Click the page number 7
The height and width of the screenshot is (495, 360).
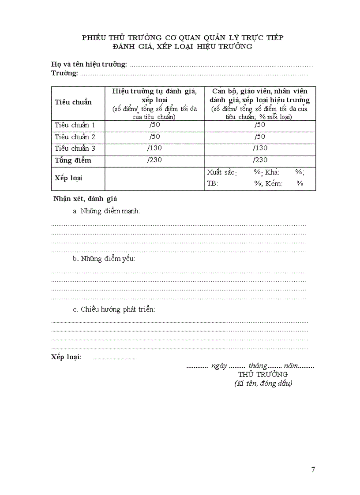(313, 469)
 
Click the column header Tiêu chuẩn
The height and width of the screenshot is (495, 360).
(73, 102)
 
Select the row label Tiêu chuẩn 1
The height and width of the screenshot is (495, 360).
(75, 125)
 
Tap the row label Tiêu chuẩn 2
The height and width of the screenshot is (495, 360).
(75, 137)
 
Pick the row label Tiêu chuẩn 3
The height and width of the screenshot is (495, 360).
(75, 148)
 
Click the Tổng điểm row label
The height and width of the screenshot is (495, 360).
(73, 160)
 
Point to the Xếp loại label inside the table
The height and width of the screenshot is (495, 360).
(69, 178)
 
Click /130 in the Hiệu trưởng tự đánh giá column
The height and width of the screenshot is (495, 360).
(154, 148)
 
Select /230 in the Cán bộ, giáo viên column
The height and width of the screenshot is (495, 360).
(260, 160)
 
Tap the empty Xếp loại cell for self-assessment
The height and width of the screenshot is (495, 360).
(154, 179)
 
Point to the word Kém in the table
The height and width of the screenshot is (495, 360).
(274, 183)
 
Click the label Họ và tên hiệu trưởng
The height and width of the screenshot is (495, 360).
(89, 65)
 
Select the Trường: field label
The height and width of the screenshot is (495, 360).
(64, 73)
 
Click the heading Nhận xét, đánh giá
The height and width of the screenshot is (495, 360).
(85, 199)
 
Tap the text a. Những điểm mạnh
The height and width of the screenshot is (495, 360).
(107, 211)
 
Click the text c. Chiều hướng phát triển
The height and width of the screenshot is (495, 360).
(114, 309)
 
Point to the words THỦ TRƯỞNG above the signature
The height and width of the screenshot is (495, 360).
(263, 374)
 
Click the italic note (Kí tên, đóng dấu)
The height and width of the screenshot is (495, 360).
(263, 383)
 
